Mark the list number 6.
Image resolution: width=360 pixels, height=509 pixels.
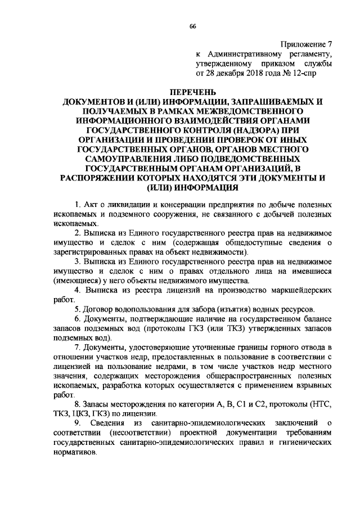tap(77, 320)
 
